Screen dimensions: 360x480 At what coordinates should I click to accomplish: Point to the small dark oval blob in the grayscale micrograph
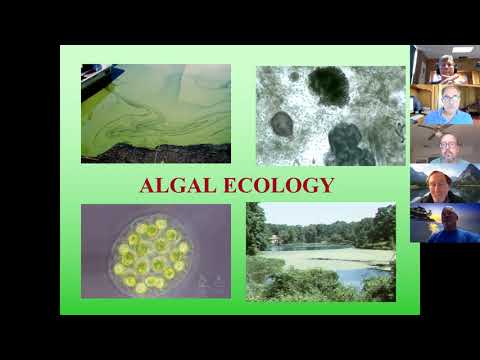tap(282, 124)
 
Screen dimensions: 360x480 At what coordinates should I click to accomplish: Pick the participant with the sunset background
tap(444, 221)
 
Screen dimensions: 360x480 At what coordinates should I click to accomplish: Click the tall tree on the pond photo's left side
tap(256, 225)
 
